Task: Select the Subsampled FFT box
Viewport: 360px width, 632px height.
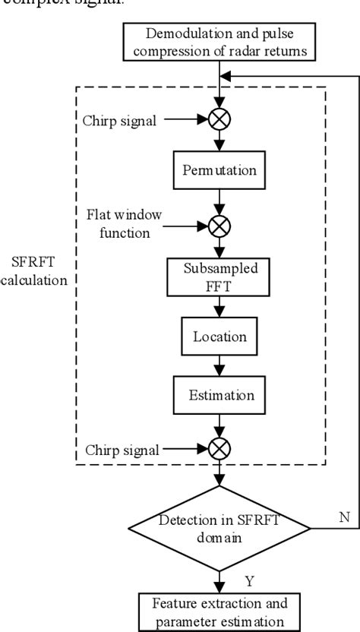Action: (x=219, y=280)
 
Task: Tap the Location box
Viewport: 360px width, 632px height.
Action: (x=219, y=336)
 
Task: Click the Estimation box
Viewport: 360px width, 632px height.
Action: (x=219, y=395)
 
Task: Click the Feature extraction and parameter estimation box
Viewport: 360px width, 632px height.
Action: (x=219, y=612)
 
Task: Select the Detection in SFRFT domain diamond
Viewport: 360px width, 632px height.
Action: (x=219, y=527)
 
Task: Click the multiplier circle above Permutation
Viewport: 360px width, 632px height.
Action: (x=219, y=118)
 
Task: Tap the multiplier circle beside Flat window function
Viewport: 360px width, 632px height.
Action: (x=219, y=226)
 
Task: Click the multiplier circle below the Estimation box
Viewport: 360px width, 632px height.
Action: (x=219, y=450)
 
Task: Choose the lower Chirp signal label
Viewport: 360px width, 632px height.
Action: (x=122, y=450)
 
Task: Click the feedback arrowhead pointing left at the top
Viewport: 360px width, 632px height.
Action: (x=226, y=77)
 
